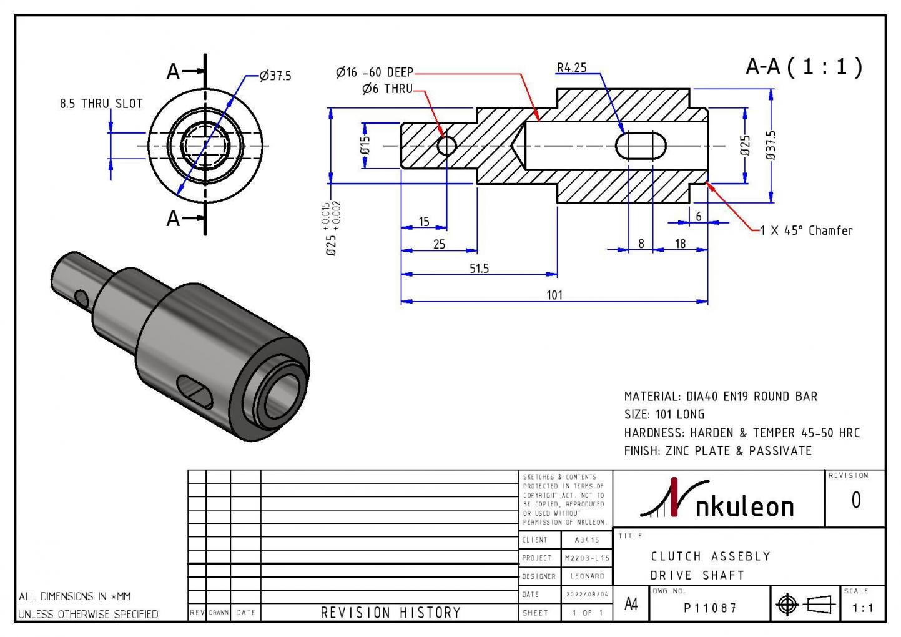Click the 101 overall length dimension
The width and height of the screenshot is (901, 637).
coord(554,295)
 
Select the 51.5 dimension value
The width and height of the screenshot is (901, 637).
coord(479,269)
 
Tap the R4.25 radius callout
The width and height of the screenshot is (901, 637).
coord(571,67)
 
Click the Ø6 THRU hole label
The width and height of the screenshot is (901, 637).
coord(387,89)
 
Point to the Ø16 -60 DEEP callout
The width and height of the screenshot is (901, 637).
coord(375,72)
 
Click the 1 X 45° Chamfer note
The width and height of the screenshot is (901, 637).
coord(806,230)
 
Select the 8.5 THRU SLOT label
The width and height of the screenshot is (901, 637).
coord(101,104)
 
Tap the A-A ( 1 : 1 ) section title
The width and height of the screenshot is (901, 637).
coord(804,66)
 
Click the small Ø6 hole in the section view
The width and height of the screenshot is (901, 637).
coord(446,146)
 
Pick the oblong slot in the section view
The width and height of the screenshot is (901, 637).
coord(641,146)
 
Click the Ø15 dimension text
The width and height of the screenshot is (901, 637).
coord(365,146)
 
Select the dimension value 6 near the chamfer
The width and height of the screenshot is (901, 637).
coord(698,217)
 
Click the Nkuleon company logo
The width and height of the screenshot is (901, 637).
coord(718,500)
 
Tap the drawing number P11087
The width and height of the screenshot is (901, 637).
coord(710,608)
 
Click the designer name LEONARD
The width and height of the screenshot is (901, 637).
coord(588,576)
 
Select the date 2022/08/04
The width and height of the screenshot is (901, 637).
coord(587,595)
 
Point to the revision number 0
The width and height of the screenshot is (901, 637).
coord(855,500)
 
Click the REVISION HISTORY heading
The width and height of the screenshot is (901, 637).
coord(390,613)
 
